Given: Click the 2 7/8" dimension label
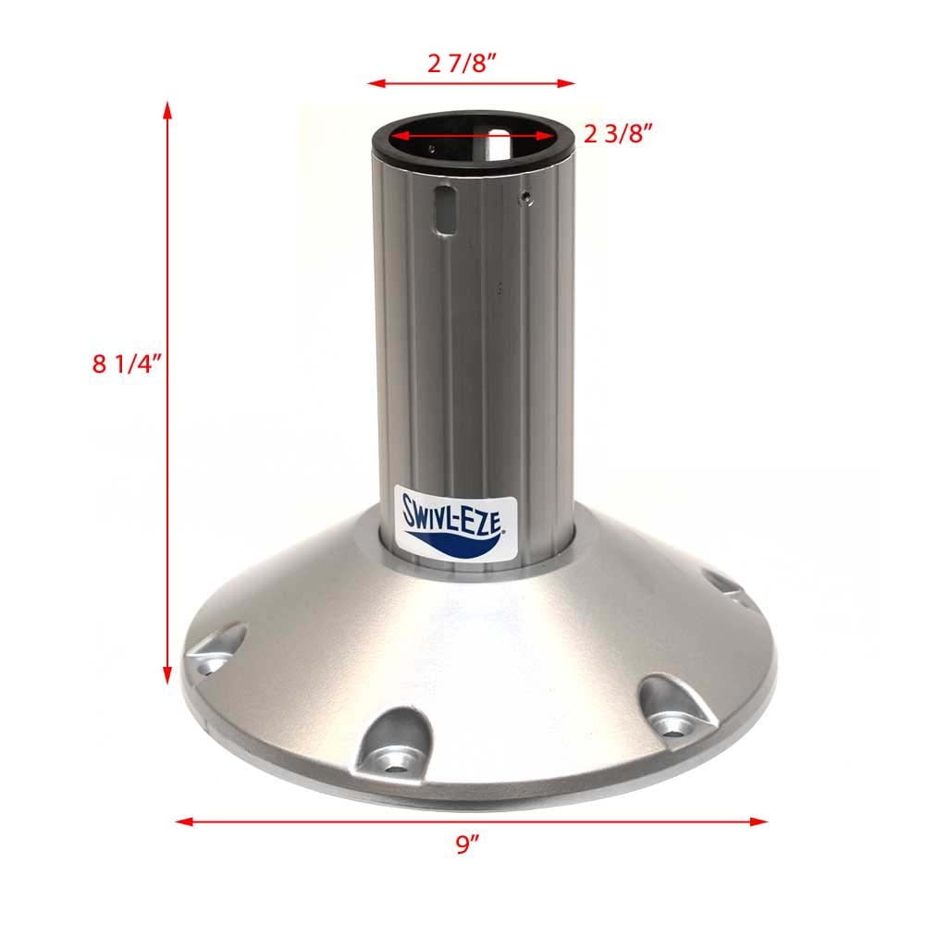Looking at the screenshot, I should [472, 64].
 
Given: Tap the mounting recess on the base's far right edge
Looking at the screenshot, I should [724, 584].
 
